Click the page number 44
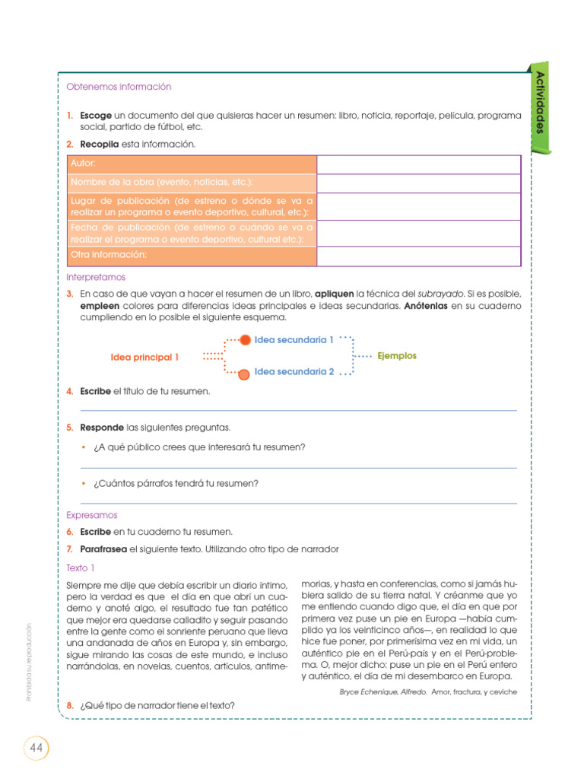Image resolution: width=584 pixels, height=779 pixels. pos(36,748)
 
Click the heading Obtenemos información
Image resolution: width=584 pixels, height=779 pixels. pos(119,87)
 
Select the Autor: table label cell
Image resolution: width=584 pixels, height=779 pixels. pos(191,164)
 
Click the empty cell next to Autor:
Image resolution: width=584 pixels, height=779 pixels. pos(418,164)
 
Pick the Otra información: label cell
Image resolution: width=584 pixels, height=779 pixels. pos(191,256)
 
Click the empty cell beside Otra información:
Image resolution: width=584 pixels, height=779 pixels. pos(418,256)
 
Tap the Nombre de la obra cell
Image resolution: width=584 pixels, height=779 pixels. pos(191,183)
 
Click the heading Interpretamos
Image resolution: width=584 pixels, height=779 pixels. pos(96,278)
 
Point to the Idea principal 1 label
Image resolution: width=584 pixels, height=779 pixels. pos(145,357)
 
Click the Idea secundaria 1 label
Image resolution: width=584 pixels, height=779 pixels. pos(294,340)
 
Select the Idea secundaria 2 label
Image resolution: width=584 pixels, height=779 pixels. pos(294,372)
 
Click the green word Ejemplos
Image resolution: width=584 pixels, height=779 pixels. pos(397,356)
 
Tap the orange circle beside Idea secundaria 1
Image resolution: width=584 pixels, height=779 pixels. pos(245,340)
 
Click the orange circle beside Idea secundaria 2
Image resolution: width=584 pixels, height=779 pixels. pos(243,374)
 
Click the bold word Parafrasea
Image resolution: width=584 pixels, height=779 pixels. pos(103,548)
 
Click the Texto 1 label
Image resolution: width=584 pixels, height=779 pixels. pos(81,568)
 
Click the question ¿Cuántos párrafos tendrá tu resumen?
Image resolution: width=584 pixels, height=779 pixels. pos(176,483)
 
